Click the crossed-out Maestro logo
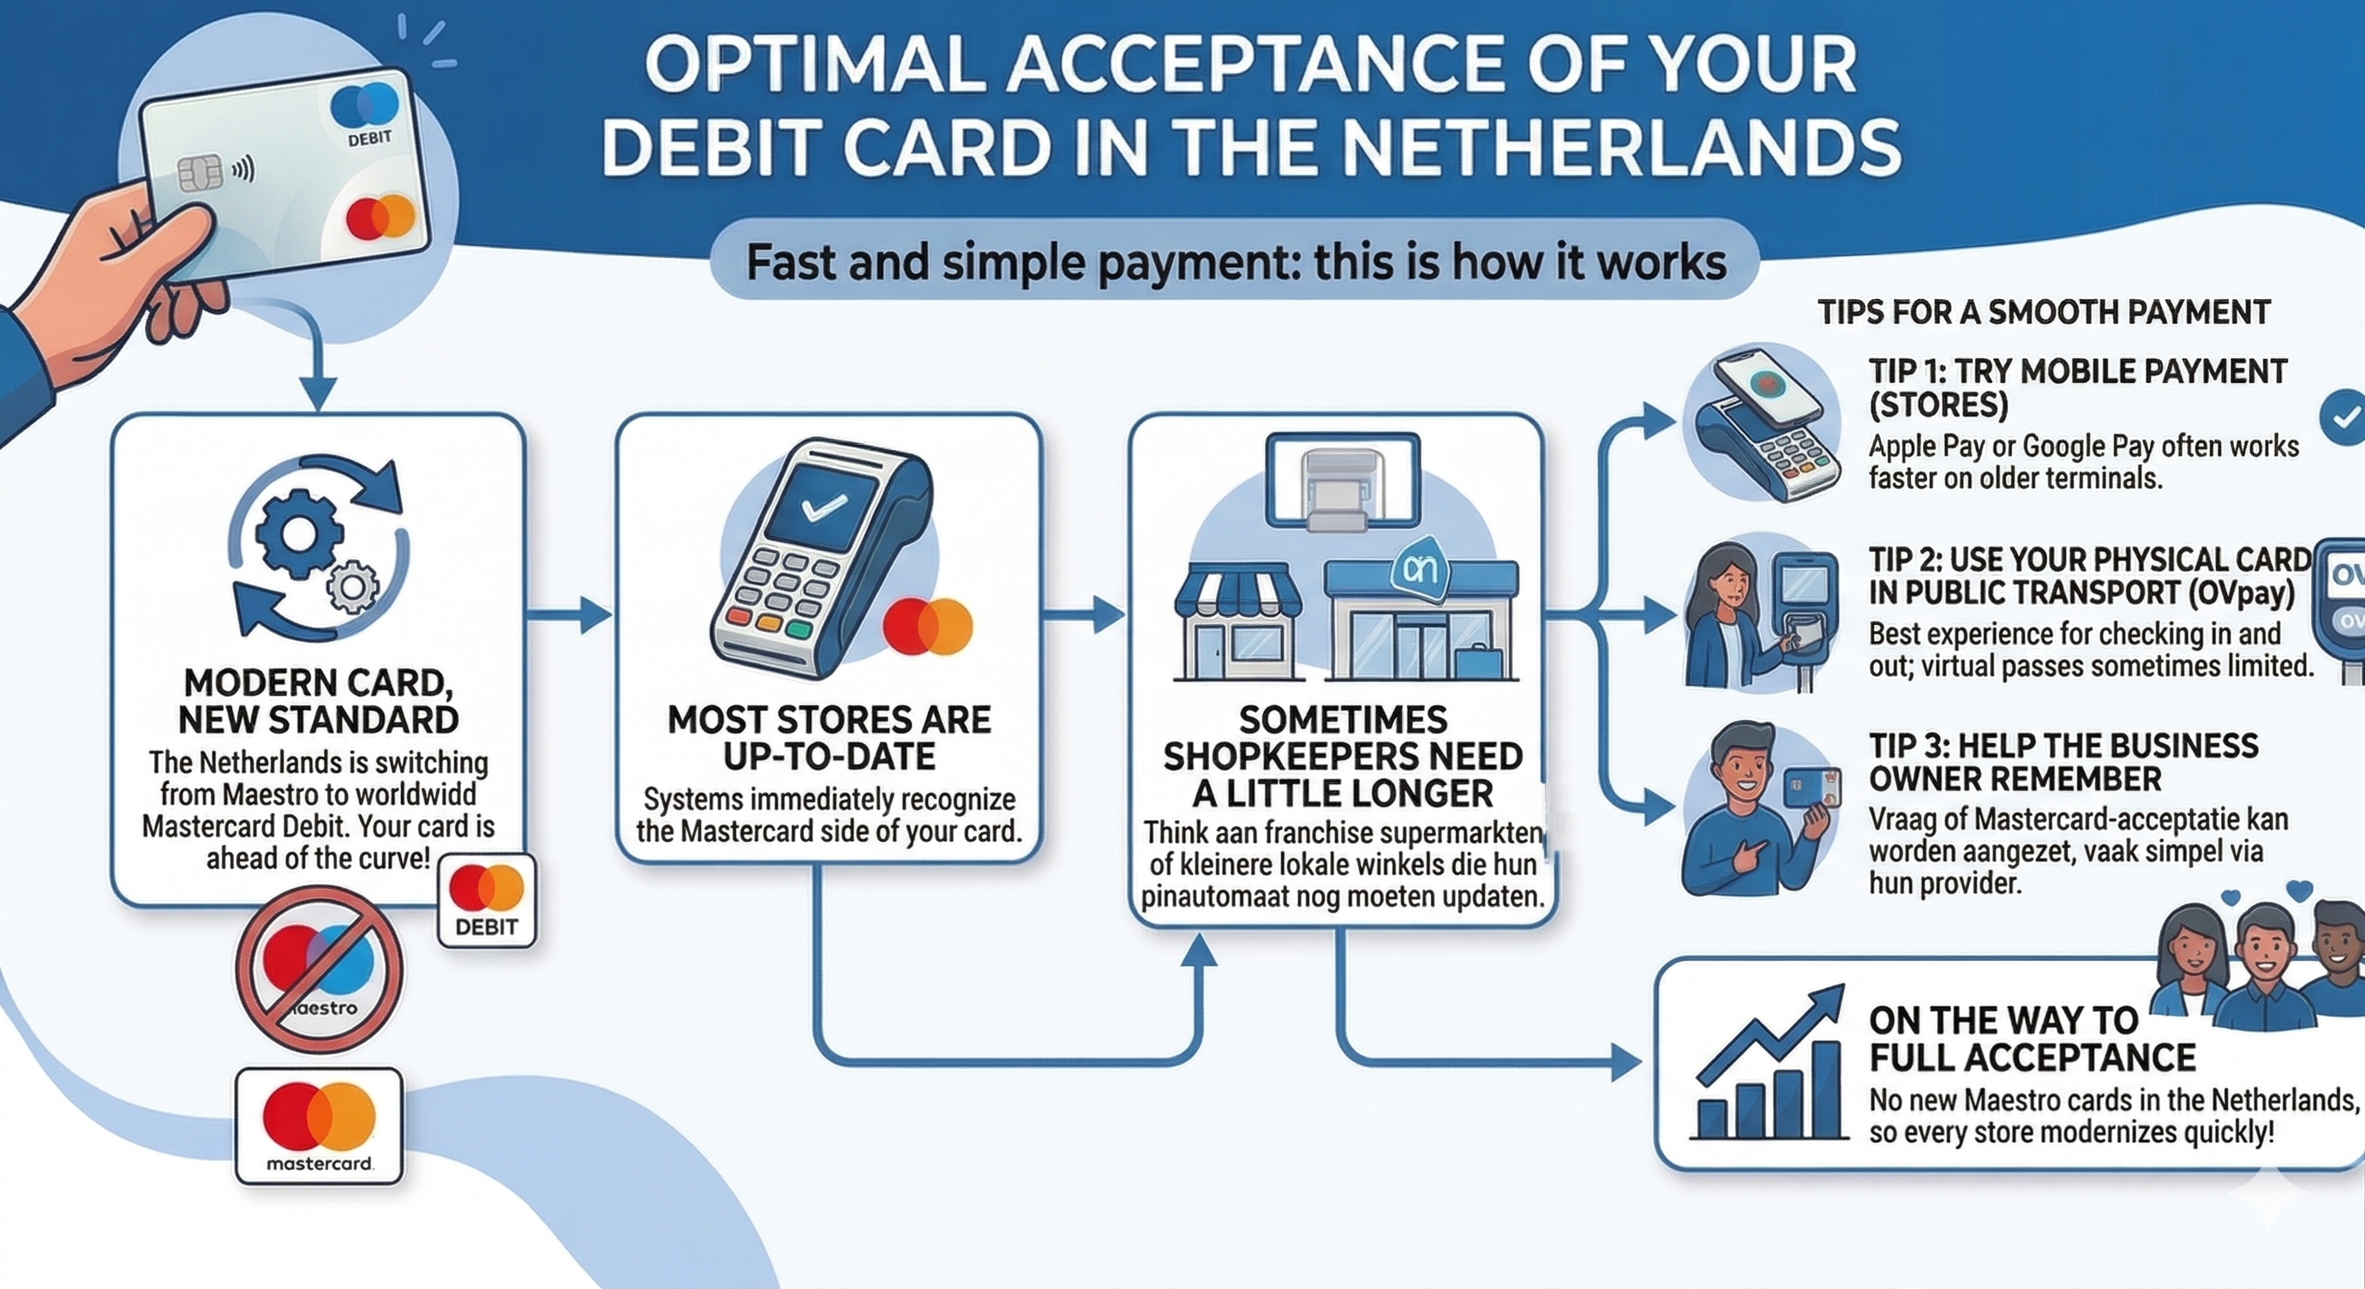tap(320, 969)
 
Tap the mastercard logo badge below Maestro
tap(320, 1125)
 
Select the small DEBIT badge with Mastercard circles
tap(487, 900)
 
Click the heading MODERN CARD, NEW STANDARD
tap(319, 701)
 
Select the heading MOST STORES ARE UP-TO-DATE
tap(829, 737)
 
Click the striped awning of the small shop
tap(1237, 594)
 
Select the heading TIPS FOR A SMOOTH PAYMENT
tap(2044, 312)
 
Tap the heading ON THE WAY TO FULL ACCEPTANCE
tap(2032, 1039)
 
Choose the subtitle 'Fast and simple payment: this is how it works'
tap(1236, 261)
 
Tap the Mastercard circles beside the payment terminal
tap(927, 627)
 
